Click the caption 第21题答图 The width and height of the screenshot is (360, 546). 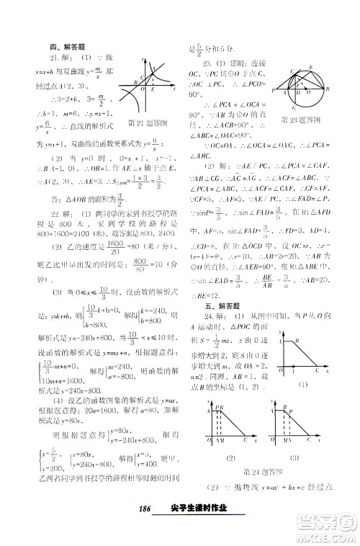[x=144, y=122]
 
